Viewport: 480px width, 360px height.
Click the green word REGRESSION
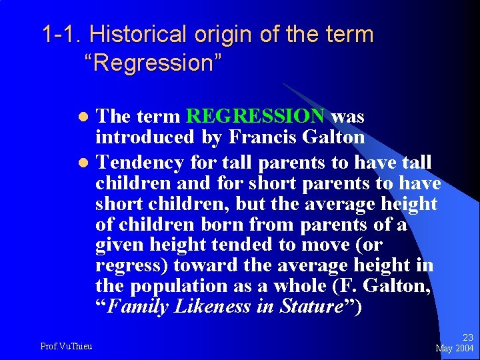coord(255,117)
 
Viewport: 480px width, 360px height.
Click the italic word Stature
coord(312,307)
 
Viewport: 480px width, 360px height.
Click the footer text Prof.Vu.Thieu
coord(66,345)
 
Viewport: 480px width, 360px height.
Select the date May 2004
coord(454,348)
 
